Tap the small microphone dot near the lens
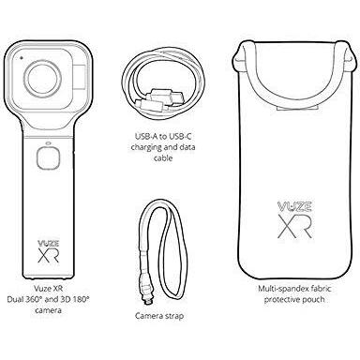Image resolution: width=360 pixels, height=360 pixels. click(x=22, y=58)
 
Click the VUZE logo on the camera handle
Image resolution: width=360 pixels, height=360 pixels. click(x=49, y=243)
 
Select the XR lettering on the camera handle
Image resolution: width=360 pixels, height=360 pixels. click(x=49, y=255)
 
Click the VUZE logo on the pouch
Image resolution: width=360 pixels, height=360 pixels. click(x=294, y=206)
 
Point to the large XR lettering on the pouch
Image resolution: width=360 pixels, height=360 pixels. click(x=294, y=226)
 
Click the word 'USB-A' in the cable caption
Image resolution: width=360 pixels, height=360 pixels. click(x=146, y=137)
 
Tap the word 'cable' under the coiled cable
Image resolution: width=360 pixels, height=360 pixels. click(x=163, y=158)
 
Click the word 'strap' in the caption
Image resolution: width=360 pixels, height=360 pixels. click(x=173, y=316)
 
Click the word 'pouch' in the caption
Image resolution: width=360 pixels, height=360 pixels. click(x=314, y=300)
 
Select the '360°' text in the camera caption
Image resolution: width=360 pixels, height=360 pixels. click(x=32, y=299)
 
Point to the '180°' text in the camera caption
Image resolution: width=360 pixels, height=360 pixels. click(x=81, y=299)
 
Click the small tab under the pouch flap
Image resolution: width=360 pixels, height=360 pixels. click(x=297, y=108)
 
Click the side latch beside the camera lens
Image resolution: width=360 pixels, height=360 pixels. click(x=81, y=76)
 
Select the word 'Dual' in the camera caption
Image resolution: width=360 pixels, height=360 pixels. click(x=14, y=299)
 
